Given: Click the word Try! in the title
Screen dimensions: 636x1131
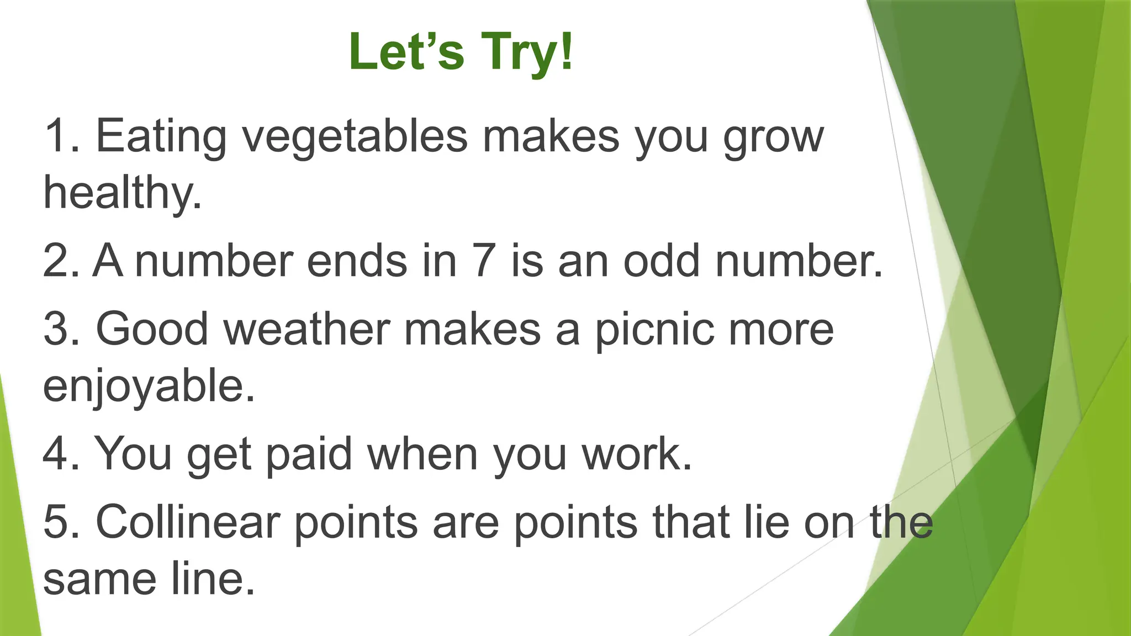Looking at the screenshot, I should [527, 52].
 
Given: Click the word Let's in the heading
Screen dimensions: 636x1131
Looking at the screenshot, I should [406, 52].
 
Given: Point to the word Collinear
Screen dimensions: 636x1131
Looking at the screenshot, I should [188, 522].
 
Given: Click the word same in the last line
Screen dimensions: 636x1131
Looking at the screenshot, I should [99, 580].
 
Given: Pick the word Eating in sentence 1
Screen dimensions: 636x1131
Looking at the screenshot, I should [161, 137].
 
